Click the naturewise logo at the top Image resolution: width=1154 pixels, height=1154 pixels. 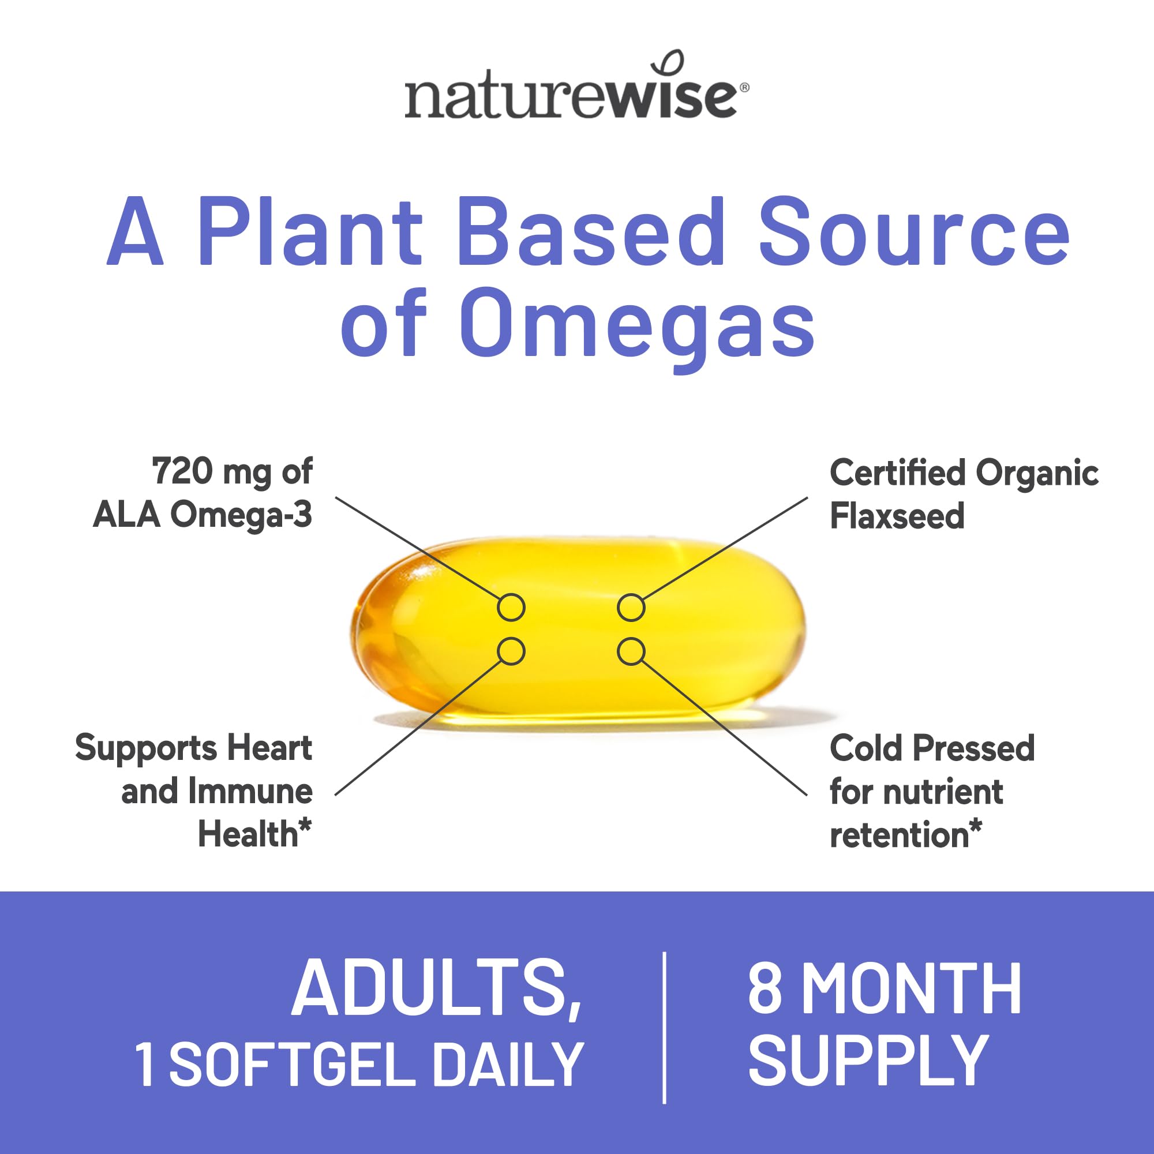click(576, 96)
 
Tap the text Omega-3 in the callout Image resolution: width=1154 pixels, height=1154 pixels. click(241, 514)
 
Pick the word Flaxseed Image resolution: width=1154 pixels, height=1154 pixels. click(897, 515)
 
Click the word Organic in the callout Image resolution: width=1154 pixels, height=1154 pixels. click(1037, 473)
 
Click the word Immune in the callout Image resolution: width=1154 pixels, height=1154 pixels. click(250, 792)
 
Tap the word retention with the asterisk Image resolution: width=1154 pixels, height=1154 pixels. click(904, 834)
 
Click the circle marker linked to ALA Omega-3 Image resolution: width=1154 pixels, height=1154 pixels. click(511, 608)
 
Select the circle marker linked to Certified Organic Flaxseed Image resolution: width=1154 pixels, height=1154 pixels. click(631, 608)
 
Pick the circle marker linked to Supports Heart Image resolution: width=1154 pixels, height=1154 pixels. click(511, 651)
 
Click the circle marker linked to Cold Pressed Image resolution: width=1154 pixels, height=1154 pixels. click(631, 651)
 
